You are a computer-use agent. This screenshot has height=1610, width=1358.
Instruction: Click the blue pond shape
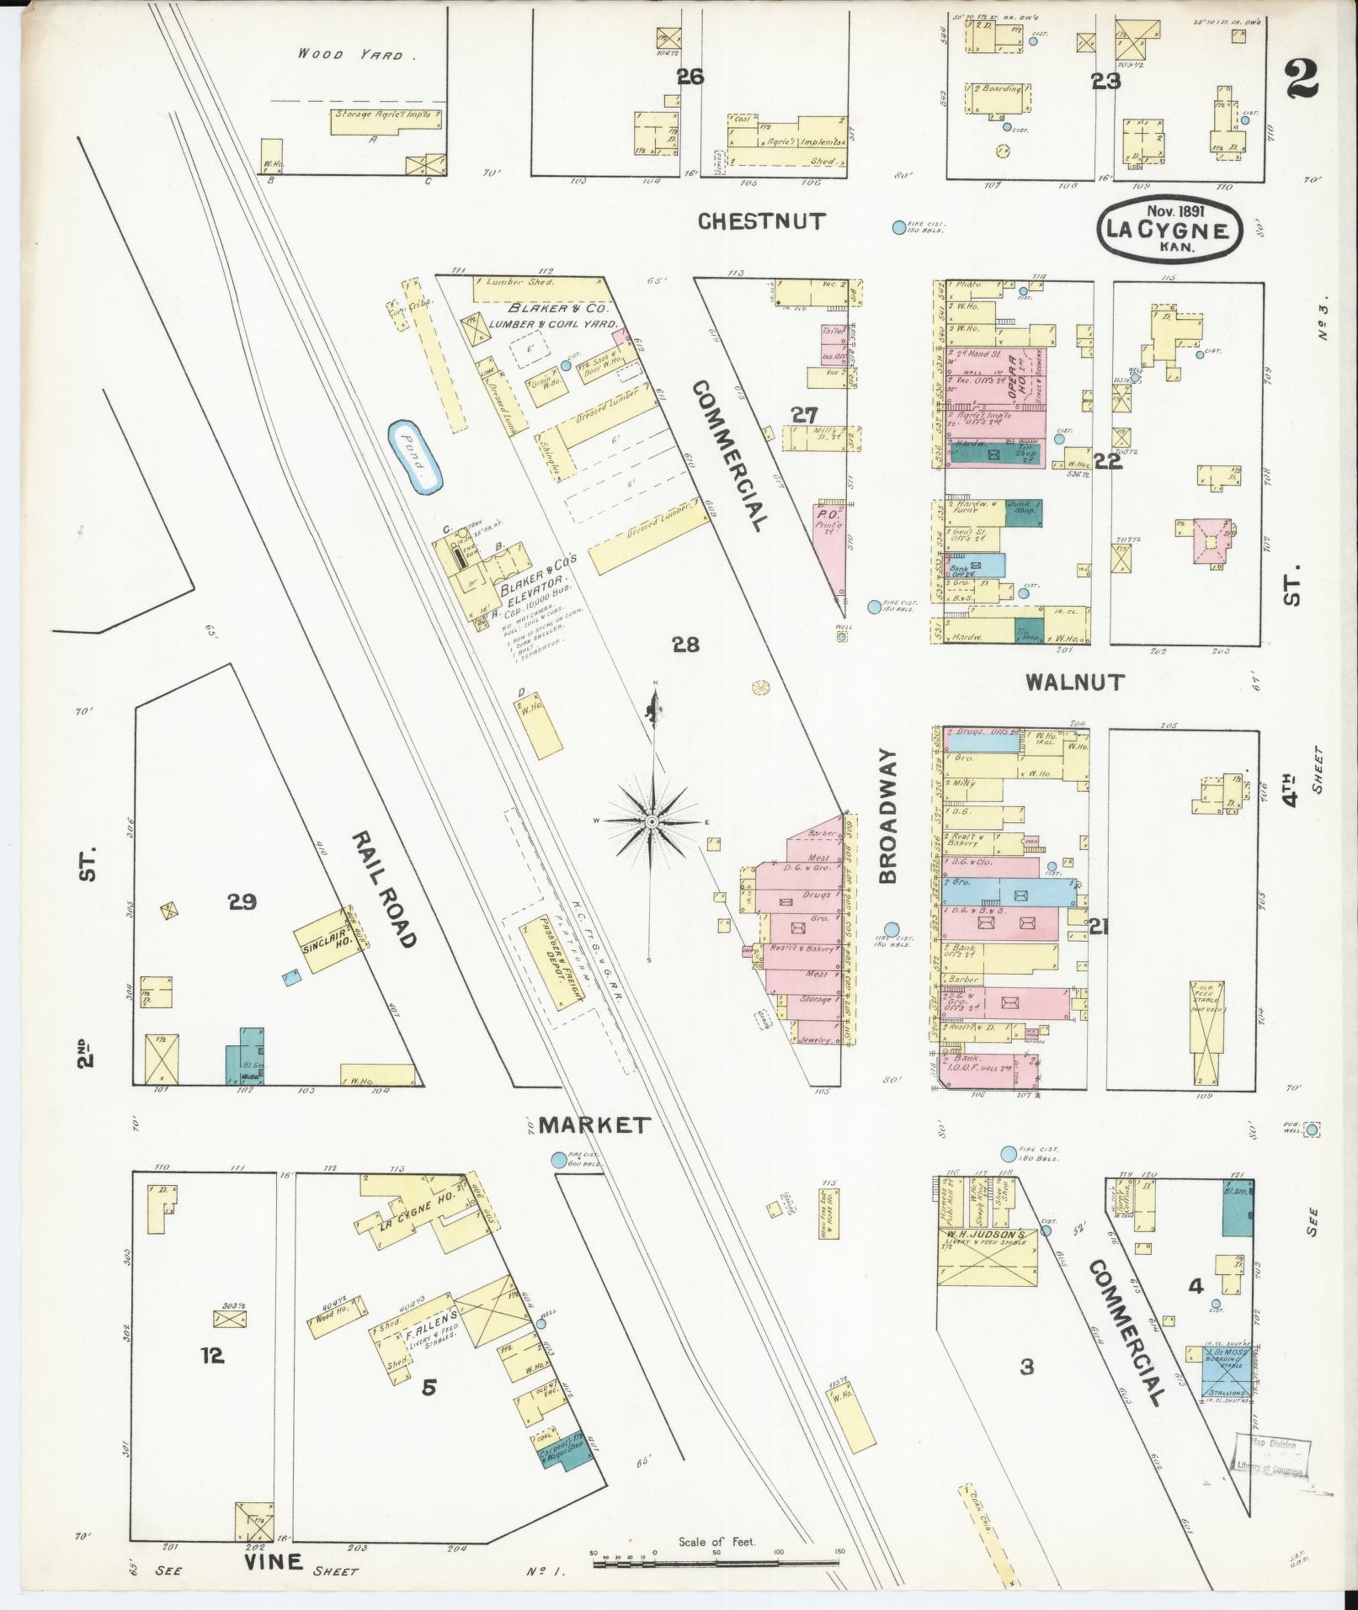pos(415,459)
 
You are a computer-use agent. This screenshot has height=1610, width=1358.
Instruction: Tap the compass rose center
pos(652,821)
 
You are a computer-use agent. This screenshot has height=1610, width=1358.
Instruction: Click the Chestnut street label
pos(762,221)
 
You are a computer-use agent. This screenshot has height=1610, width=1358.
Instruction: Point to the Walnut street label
pos(1074,683)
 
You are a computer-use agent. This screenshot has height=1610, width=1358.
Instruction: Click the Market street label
pos(594,1124)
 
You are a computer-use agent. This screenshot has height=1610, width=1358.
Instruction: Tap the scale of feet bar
pos(716,1564)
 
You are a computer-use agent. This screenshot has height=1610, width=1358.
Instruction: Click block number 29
pos(242,902)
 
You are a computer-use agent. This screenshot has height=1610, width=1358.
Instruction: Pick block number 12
pos(212,1355)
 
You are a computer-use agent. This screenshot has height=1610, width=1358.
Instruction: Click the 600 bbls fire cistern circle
pos(557,1160)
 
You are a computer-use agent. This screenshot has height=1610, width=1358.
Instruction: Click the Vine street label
pos(273,1562)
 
